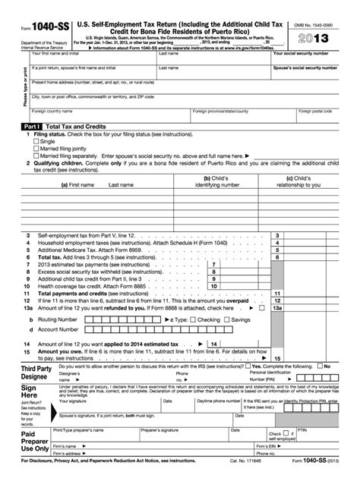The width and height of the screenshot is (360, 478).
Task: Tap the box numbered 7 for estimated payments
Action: click(x=213, y=264)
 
